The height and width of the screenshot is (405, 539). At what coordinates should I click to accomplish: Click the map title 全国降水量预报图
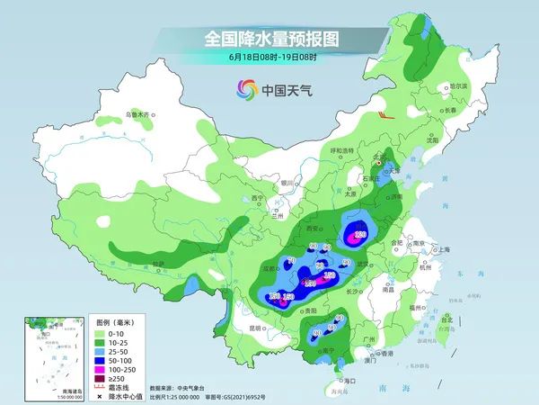[x=270, y=38]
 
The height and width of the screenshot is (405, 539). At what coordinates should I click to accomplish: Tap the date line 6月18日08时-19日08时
[x=270, y=57]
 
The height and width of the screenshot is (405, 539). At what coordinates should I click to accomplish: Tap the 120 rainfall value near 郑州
[x=360, y=235]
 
